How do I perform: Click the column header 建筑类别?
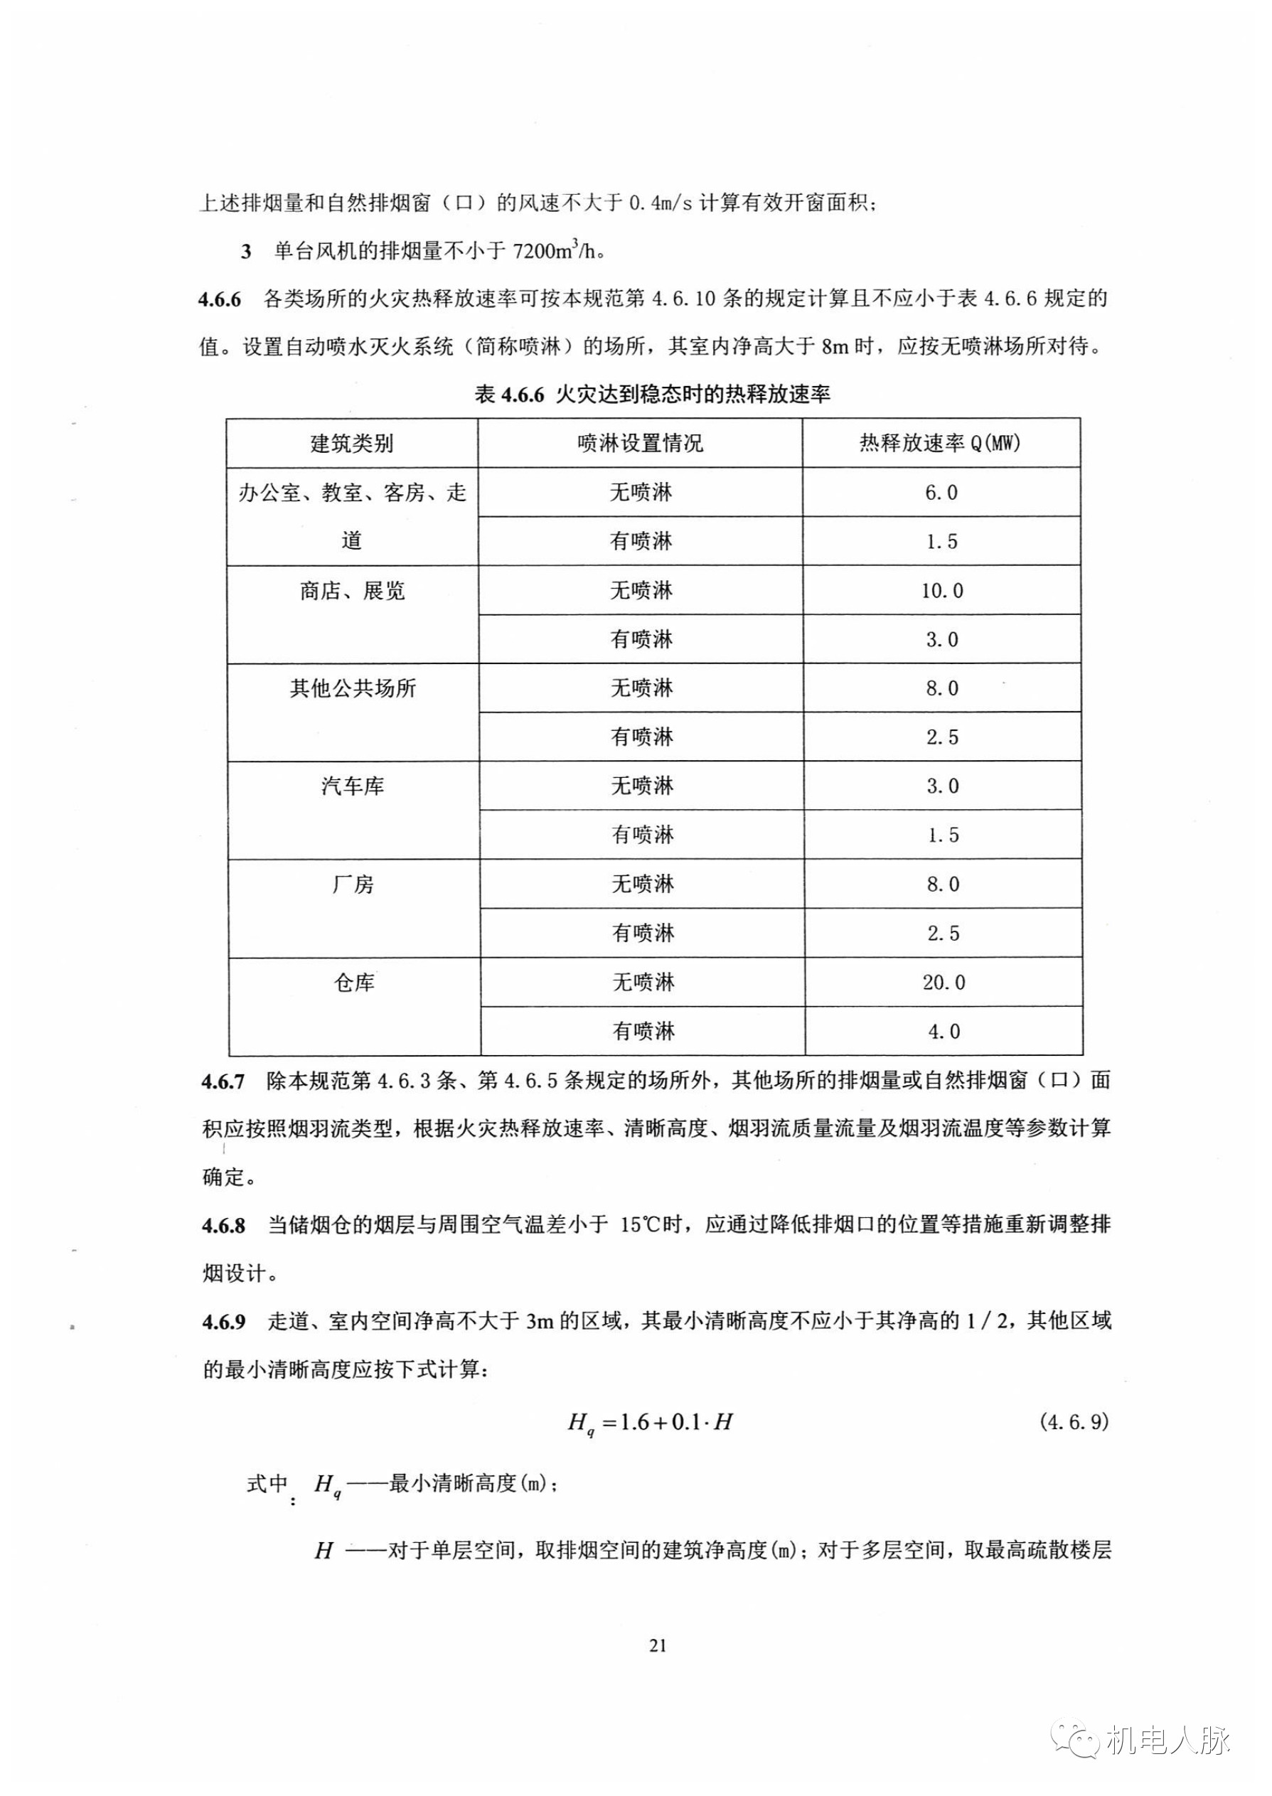pyautogui.click(x=352, y=444)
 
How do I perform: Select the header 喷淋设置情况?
pyautogui.click(x=640, y=444)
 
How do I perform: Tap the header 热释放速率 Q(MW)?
pyautogui.click(x=940, y=444)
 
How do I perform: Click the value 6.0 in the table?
pyautogui.click(x=941, y=493)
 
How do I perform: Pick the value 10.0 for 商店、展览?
pyautogui.click(x=941, y=591)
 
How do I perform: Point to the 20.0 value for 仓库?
pyautogui.click(x=943, y=982)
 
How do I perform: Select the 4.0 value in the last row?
pyautogui.click(x=943, y=1032)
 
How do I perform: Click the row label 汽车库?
pyautogui.click(x=353, y=786)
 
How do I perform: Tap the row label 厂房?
pyautogui.click(x=353, y=884)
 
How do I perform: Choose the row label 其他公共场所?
pyautogui.click(x=353, y=688)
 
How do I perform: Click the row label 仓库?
pyautogui.click(x=354, y=982)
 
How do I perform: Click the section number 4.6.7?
pyautogui.click(x=223, y=1081)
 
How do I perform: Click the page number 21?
pyautogui.click(x=658, y=1645)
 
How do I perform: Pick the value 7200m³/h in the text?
pyautogui.click(x=557, y=252)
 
